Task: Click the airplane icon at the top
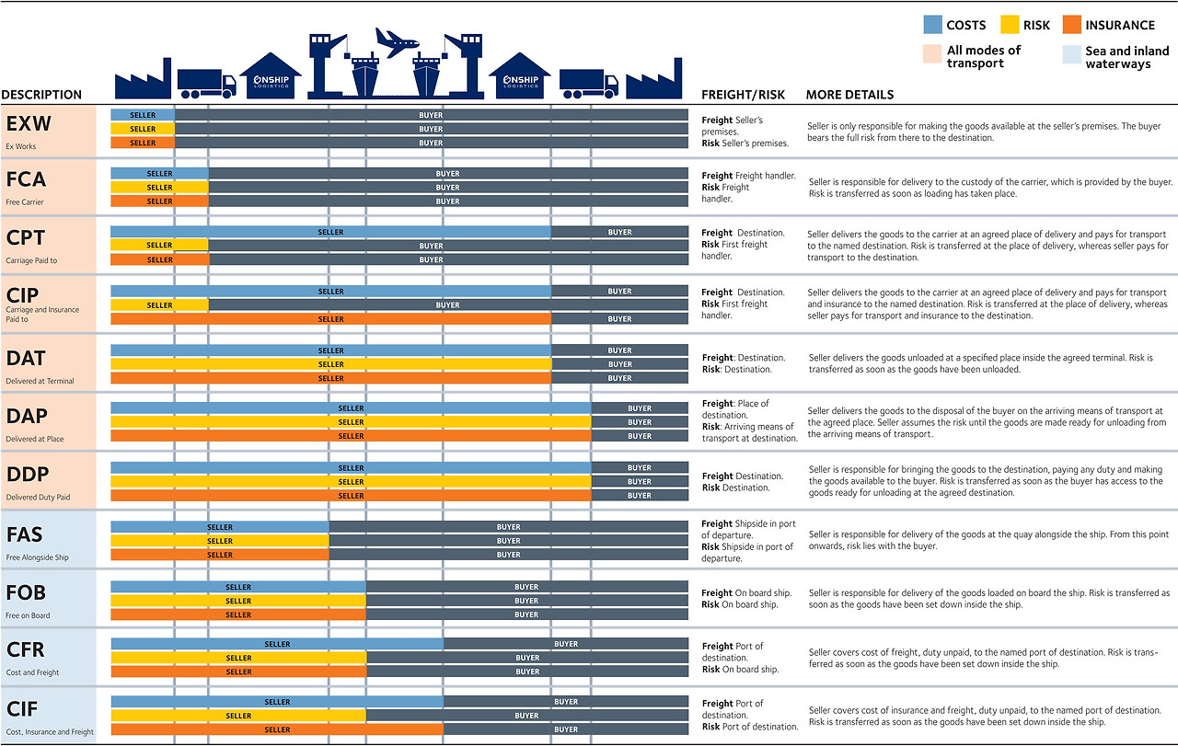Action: click(x=397, y=41)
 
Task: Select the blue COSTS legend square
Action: click(x=931, y=25)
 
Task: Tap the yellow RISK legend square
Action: click(x=1009, y=25)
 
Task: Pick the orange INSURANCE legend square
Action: click(x=1071, y=25)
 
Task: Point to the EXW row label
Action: click(x=29, y=123)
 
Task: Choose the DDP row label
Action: click(x=27, y=475)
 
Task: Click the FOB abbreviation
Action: click(x=26, y=592)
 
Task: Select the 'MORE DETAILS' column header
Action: click(x=849, y=95)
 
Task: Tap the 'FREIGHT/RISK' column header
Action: click(x=743, y=95)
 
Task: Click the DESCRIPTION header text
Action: click(x=41, y=95)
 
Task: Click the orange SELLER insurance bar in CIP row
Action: click(x=330, y=319)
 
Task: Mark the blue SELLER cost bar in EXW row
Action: click(x=143, y=115)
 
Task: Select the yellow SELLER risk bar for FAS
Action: click(x=220, y=541)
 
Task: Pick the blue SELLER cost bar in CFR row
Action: click(x=277, y=644)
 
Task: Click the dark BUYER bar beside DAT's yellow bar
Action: click(x=619, y=364)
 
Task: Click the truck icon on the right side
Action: click(x=588, y=84)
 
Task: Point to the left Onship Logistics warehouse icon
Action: click(x=271, y=77)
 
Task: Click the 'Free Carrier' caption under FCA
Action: click(x=25, y=202)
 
